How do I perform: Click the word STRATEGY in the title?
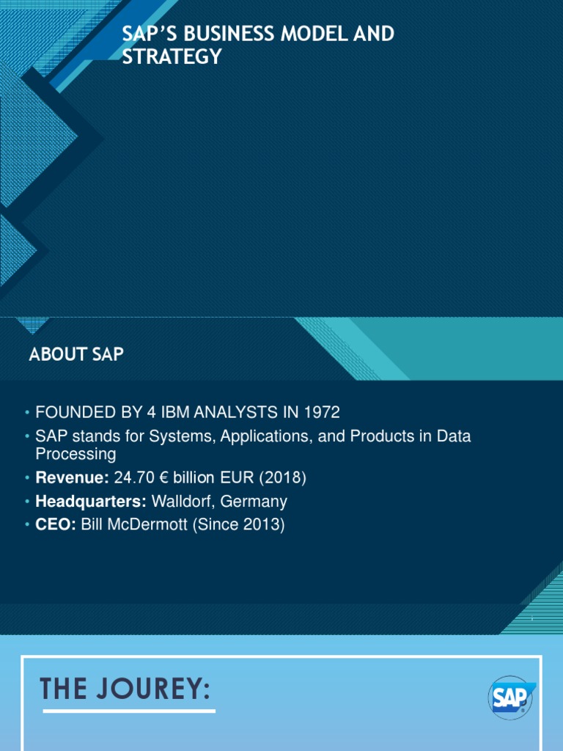point(172,56)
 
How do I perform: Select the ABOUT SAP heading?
point(76,355)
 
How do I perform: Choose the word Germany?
point(254,502)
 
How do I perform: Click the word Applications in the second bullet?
point(266,436)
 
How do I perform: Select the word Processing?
point(76,454)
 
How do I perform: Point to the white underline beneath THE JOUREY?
point(129,711)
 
